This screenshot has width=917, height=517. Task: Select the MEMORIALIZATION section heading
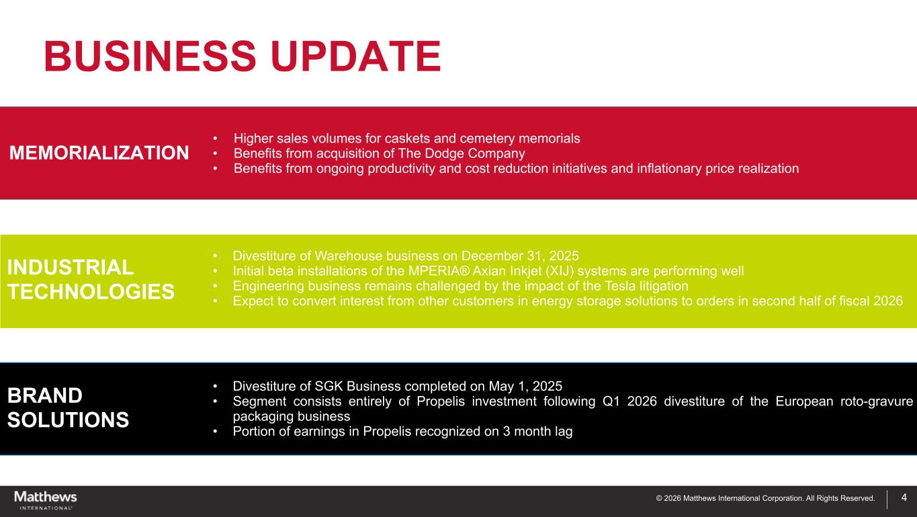[x=99, y=153]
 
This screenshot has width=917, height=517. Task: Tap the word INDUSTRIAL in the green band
[x=71, y=267]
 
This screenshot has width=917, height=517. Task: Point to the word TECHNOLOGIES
[x=91, y=292]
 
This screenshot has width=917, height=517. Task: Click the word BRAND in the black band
[x=45, y=395]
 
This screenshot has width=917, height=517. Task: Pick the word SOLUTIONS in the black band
[x=68, y=420]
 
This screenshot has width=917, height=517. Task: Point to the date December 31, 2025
[x=520, y=256]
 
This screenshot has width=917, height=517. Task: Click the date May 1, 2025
[x=525, y=387]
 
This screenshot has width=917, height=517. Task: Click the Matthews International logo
[x=46, y=500]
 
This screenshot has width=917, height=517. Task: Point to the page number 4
[x=904, y=498]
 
